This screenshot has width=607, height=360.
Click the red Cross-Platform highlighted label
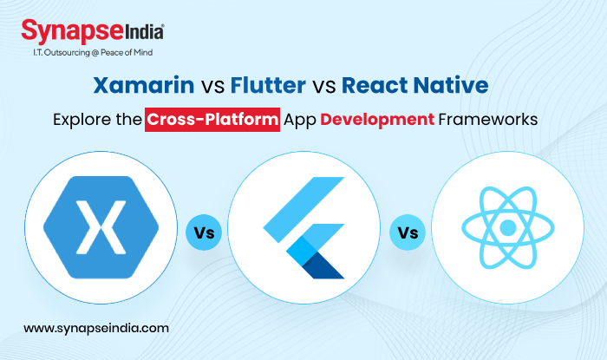pos(212,120)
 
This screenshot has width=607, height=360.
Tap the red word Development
pos(378,120)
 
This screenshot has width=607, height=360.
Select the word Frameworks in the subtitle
pos(489,120)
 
